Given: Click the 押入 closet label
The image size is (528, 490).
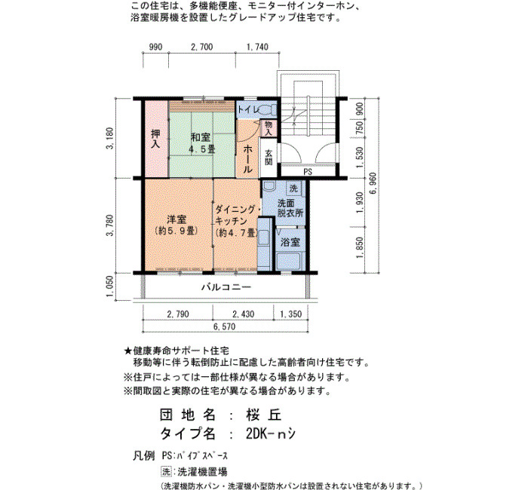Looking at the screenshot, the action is (x=155, y=139).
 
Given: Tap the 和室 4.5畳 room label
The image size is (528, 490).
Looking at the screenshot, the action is (x=201, y=143).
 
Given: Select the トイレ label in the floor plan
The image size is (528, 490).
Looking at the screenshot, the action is (x=248, y=109).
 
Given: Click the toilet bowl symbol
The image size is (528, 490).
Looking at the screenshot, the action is (x=269, y=110).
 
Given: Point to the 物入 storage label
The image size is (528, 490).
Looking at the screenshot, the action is (x=269, y=128).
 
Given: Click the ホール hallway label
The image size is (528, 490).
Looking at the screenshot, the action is (x=247, y=159).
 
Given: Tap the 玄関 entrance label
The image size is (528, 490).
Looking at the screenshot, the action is (x=269, y=157).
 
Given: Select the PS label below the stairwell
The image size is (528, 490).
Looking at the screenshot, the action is (x=308, y=172).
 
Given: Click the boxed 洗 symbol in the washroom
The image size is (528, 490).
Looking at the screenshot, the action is (x=294, y=188).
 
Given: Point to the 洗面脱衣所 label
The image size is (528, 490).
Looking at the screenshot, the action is (x=290, y=208).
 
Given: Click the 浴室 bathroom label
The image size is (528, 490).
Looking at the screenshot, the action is (x=290, y=242).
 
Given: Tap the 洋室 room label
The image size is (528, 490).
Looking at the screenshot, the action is (x=177, y=225).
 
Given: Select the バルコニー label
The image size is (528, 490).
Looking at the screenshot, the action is (x=226, y=287).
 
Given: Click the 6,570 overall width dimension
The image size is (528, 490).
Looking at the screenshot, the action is (x=224, y=326).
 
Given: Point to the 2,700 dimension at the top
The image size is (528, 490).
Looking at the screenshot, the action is (x=201, y=47).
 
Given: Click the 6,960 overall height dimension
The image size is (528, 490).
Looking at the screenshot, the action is (x=373, y=184).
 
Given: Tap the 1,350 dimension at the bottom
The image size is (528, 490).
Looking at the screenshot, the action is (x=291, y=314).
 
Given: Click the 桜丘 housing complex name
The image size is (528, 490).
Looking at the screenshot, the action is (x=263, y=415).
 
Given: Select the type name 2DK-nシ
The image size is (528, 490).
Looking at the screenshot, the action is (x=271, y=433).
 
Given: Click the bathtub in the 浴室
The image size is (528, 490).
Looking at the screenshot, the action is (x=288, y=261).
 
